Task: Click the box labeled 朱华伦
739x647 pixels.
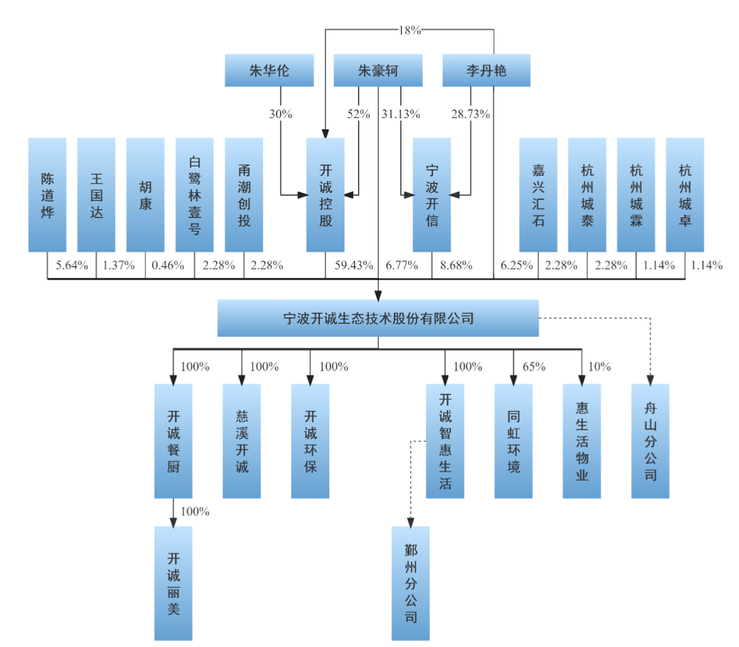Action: [269, 70]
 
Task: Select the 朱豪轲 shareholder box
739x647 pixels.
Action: [378, 70]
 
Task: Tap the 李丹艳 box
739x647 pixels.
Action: [486, 70]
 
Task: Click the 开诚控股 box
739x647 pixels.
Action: [325, 195]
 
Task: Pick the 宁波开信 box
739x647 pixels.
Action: [432, 195]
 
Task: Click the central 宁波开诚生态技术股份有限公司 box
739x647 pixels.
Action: [378, 318]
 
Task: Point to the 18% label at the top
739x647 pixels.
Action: [410, 30]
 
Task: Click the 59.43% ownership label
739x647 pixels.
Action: [353, 265]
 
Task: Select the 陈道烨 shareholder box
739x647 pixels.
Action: [47, 195]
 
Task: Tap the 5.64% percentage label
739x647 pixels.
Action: [72, 265]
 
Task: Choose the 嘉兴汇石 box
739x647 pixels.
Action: [538, 195]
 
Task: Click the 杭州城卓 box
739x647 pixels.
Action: [685, 195]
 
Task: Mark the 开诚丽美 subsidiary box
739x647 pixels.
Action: [173, 583]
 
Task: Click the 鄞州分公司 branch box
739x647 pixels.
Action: [410, 583]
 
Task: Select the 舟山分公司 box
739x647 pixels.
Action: [651, 441]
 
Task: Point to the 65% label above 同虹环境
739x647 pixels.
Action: [534, 366]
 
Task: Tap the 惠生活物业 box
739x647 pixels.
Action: [582, 441]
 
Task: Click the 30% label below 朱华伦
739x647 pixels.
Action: [280, 114]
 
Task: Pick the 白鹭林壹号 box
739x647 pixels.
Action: [194, 195]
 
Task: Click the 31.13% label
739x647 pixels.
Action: [401, 114]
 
